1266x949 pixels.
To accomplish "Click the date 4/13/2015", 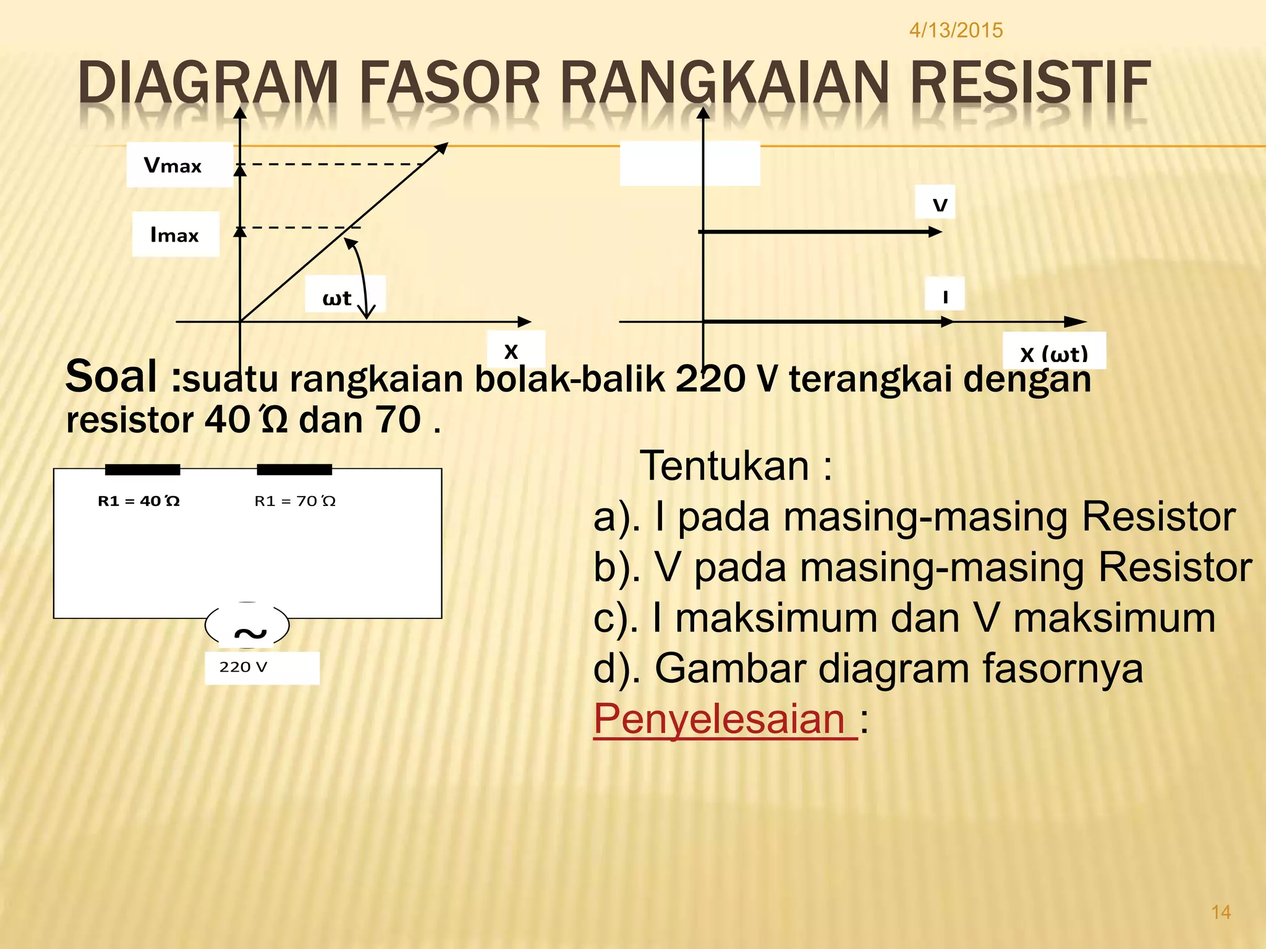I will (x=956, y=30).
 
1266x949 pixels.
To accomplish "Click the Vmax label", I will (x=173, y=166).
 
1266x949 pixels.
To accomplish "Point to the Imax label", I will (x=174, y=235).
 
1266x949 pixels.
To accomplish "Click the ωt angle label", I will (x=337, y=298).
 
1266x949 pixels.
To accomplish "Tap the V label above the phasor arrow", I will (x=940, y=205).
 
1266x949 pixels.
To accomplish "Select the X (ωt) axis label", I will (x=1053, y=354).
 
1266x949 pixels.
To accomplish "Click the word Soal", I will (x=111, y=377).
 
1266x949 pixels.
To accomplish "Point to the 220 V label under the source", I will (x=243, y=667).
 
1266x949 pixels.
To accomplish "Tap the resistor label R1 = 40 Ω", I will (x=138, y=501).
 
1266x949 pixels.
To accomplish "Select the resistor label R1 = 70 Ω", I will (x=295, y=501).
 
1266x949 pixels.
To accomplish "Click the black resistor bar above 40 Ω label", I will (x=142, y=470).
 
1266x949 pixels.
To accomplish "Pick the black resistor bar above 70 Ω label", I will (x=294, y=470).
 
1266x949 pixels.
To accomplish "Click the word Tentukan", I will (x=724, y=466).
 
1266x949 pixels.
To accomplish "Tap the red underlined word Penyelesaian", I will (x=720, y=719).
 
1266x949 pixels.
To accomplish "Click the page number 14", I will (x=1221, y=912).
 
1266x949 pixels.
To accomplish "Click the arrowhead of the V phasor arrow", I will (x=936, y=232).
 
